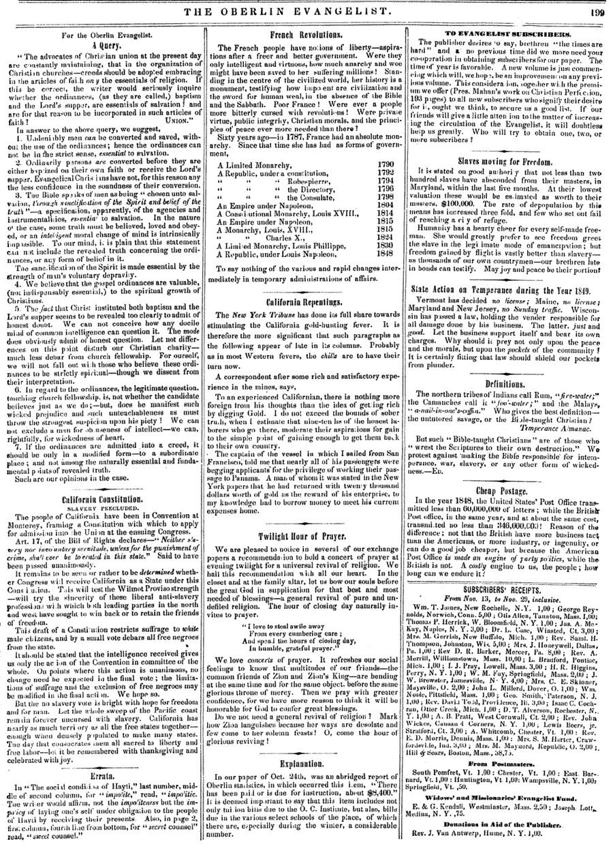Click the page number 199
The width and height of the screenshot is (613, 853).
595,10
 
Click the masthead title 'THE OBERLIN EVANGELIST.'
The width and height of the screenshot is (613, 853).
306,10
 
